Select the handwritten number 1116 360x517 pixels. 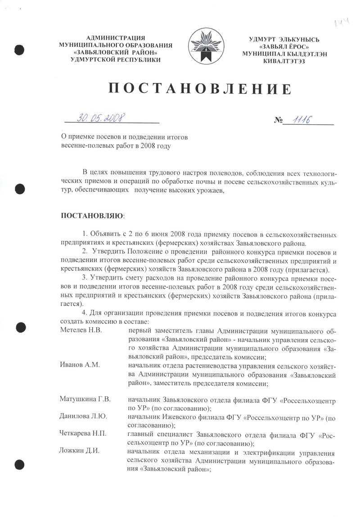(302, 119)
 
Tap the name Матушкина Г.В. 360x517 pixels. (85, 399)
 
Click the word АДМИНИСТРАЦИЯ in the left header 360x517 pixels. (115, 38)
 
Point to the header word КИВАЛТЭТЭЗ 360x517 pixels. (284, 61)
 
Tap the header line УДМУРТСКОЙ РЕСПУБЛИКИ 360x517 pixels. (116, 59)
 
